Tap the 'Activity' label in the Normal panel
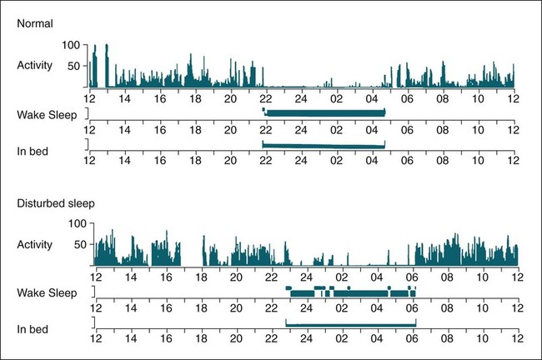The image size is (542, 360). [x=36, y=66]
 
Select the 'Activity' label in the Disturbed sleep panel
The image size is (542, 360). [x=36, y=244]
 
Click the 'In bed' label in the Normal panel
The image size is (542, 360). [x=33, y=150]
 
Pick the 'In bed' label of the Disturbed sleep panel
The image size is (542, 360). [x=33, y=328]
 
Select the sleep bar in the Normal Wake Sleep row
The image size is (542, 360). [x=324, y=112]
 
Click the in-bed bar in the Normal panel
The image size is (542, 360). [x=324, y=146]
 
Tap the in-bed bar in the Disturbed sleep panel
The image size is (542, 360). [x=350, y=323]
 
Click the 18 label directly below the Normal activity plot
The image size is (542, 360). [x=195, y=96]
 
